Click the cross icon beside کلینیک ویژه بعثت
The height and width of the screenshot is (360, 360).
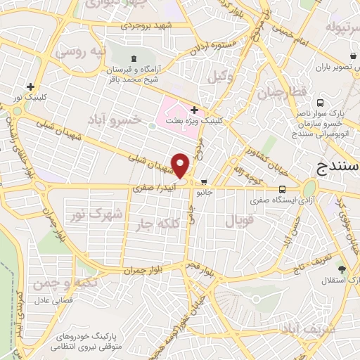(x=194, y=110)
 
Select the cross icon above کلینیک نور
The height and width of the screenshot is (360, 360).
(x=30, y=86)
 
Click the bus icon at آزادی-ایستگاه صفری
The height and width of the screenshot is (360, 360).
(x=282, y=188)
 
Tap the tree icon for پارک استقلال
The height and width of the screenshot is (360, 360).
(x=342, y=269)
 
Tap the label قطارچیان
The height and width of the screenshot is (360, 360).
(x=282, y=93)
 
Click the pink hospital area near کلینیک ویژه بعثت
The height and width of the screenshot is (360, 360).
(x=176, y=110)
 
